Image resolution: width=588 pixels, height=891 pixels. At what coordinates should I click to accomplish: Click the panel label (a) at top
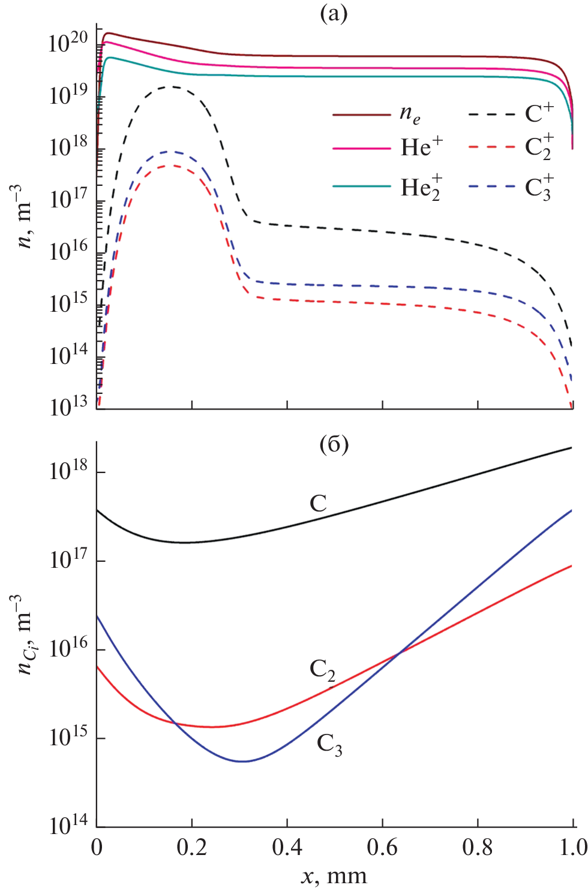(334, 13)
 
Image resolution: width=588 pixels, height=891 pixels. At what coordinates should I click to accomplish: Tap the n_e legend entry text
(410, 114)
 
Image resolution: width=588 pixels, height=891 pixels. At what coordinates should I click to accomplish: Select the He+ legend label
(422, 146)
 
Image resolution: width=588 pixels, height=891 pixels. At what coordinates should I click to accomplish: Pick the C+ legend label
(539, 113)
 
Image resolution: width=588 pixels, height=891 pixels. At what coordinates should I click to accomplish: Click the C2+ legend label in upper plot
(539, 147)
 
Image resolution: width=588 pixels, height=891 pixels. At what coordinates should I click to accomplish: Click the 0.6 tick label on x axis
(382, 847)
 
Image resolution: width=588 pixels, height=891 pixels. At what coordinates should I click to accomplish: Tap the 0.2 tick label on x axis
(191, 847)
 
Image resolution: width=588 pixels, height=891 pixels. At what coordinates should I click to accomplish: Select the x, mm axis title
(334, 876)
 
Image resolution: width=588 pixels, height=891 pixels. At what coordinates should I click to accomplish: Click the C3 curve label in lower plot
(329, 745)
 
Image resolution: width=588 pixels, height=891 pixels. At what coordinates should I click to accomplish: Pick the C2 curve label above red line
(322, 670)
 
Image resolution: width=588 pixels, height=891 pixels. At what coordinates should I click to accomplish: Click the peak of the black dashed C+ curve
(172, 87)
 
